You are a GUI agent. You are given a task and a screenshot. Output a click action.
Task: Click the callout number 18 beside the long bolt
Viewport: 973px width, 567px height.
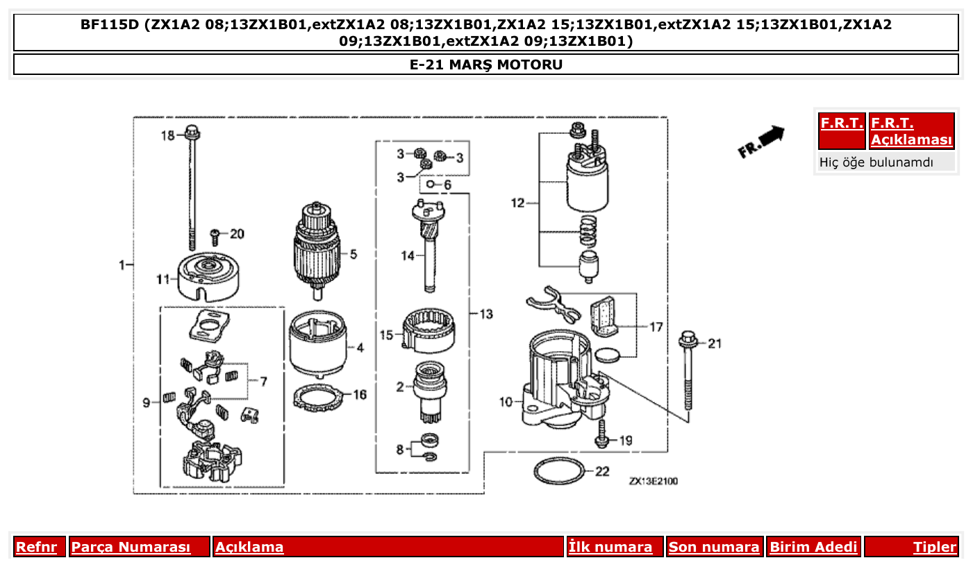pos(168,135)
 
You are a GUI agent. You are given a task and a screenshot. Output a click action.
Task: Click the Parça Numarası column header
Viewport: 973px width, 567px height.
pos(131,547)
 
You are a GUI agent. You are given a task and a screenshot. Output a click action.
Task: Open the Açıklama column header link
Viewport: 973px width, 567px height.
pos(249,547)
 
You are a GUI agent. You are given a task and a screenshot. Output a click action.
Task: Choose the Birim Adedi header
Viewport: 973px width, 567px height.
pos(813,547)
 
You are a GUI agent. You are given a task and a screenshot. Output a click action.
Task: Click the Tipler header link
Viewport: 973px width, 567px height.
pos(935,547)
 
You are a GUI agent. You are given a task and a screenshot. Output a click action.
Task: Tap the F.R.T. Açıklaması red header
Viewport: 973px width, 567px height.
pos(911,131)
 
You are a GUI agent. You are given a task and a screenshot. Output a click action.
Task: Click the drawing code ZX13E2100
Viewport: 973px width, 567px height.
pos(653,481)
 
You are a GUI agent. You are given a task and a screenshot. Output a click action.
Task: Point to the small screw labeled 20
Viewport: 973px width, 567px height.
pos(216,236)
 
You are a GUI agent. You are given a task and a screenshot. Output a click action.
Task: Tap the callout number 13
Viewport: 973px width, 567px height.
pos(486,314)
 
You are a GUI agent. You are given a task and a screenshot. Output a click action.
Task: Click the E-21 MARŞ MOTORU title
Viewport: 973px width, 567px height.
pos(486,65)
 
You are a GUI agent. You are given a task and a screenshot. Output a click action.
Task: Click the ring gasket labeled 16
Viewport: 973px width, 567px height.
pos(319,398)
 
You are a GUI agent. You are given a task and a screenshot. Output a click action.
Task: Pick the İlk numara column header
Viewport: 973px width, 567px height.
pos(610,547)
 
